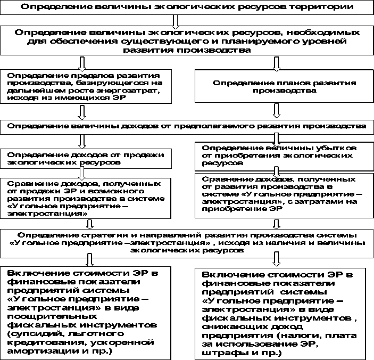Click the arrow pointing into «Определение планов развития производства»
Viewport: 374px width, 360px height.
(276, 64)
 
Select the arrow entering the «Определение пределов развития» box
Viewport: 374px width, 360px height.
(81, 64)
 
